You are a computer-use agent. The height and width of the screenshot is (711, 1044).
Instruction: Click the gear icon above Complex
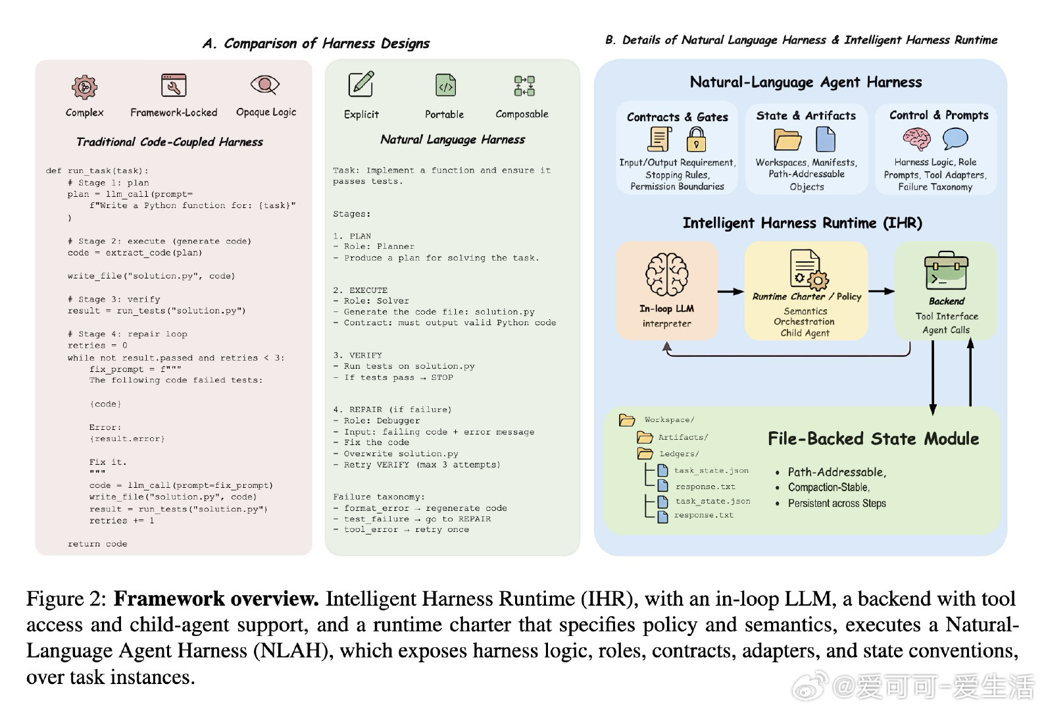pos(84,86)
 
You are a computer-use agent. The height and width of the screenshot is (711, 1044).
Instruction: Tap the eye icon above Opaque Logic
pos(265,85)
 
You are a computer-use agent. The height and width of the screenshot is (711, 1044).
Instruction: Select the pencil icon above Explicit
pos(360,85)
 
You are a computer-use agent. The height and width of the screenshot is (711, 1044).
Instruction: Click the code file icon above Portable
pos(445,86)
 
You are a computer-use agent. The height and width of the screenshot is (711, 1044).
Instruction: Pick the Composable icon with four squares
pos(524,86)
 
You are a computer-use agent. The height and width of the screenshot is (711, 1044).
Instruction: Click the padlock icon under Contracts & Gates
pos(696,139)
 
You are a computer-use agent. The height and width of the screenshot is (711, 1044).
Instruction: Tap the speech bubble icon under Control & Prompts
pos(955,138)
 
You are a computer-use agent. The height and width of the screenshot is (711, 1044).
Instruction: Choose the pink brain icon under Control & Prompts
pos(916,139)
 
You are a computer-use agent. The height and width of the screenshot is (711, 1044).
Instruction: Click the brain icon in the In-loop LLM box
pos(666,274)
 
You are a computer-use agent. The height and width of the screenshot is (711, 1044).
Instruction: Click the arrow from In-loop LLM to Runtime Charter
pos(730,291)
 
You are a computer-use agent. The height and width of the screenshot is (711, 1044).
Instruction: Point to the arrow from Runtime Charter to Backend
pos(881,291)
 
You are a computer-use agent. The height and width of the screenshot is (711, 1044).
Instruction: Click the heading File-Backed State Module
pos(873,439)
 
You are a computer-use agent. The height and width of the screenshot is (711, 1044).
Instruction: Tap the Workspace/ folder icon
pos(627,420)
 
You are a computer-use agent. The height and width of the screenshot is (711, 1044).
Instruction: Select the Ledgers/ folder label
pos(679,454)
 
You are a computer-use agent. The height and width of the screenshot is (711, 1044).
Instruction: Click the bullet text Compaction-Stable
pos(828,487)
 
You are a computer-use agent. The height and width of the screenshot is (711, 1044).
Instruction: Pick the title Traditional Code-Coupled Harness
pos(170,142)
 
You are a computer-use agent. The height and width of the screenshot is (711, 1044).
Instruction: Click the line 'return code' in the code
pos(97,544)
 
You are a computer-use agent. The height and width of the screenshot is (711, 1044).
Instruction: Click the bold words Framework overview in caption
pos(216,598)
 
